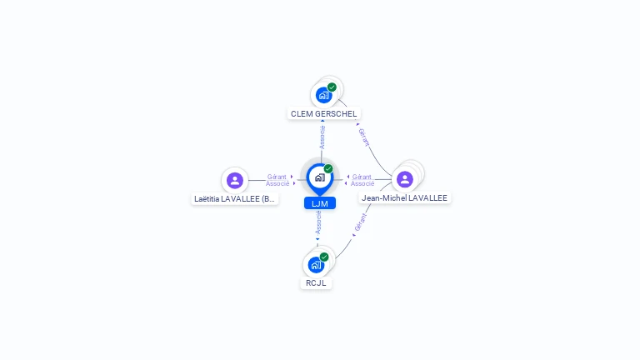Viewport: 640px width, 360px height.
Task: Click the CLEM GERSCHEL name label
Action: pyautogui.click(x=323, y=113)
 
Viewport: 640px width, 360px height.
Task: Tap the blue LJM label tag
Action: pyautogui.click(x=319, y=203)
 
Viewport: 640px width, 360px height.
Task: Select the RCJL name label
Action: pyautogui.click(x=316, y=282)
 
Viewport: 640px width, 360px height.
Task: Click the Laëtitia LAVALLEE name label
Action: pyautogui.click(x=234, y=199)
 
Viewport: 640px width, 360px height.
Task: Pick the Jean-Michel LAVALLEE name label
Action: pyautogui.click(x=404, y=198)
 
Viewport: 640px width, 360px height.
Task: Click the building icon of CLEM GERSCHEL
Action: pyautogui.click(x=323, y=95)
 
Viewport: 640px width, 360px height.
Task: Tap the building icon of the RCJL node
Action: pyautogui.click(x=315, y=265)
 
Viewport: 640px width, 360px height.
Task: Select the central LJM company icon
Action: pyautogui.click(x=319, y=177)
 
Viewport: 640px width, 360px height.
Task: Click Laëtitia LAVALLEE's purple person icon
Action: pyautogui.click(x=235, y=179)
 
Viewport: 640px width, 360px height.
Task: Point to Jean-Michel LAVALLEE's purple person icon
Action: pyautogui.click(x=405, y=179)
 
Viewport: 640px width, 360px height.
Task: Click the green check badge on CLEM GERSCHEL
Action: pyautogui.click(x=332, y=87)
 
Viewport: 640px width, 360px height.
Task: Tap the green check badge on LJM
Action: pyautogui.click(x=328, y=169)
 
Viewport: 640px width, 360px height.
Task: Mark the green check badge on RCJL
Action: pyautogui.click(x=324, y=257)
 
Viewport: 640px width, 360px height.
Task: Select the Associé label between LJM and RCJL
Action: pyautogui.click(x=318, y=222)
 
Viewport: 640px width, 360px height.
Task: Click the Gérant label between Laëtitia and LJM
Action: pyautogui.click(x=277, y=177)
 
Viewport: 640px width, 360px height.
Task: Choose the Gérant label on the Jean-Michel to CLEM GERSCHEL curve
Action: pyautogui.click(x=363, y=137)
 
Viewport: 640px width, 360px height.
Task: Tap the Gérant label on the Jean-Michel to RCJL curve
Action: pyautogui.click(x=360, y=222)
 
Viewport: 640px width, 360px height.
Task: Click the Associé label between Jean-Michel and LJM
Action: pyautogui.click(x=362, y=183)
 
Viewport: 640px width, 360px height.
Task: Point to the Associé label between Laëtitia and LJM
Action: pyautogui.click(x=277, y=183)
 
